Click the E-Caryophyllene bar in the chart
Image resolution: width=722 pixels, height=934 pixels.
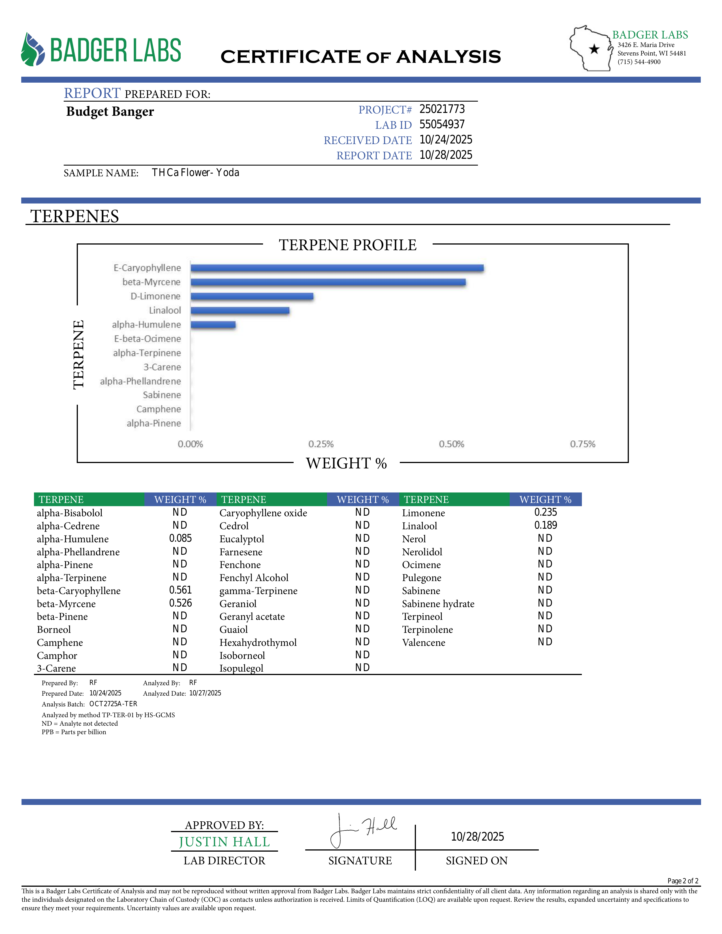pyautogui.click(x=337, y=268)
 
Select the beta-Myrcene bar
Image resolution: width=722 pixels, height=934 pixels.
pyautogui.click(x=328, y=282)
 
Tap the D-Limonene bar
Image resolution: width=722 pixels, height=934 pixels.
pyautogui.click(x=252, y=296)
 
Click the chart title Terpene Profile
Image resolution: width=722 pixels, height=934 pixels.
pyautogui.click(x=347, y=245)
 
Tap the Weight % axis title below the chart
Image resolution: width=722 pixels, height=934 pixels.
pyautogui.click(x=346, y=463)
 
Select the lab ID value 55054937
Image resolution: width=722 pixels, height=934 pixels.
pyautogui.click(x=442, y=125)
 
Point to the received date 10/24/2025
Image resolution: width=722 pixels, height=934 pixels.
pyautogui.click(x=446, y=140)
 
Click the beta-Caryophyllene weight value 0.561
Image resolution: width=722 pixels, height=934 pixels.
pyautogui.click(x=181, y=590)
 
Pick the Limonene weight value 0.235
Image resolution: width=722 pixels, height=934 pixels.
pyautogui.click(x=545, y=512)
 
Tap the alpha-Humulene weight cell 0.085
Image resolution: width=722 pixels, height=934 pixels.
pyautogui.click(x=181, y=538)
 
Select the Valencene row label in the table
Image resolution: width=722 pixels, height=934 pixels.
pyautogui.click(x=424, y=642)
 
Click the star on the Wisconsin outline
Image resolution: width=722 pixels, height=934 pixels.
pyautogui.click(x=594, y=49)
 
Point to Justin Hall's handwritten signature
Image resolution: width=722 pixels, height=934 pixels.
pyautogui.click(x=364, y=830)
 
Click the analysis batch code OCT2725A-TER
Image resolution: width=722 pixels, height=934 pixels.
pyautogui.click(x=113, y=704)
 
